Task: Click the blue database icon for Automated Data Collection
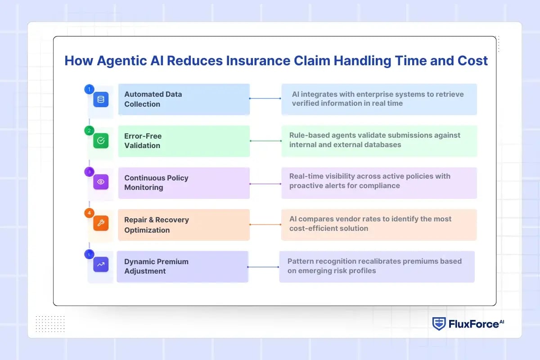pos(101,99)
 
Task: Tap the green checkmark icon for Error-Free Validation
pos(101,141)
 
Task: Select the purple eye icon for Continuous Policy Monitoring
pos(101,182)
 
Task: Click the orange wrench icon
pos(101,224)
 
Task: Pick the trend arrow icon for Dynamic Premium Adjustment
pos(101,265)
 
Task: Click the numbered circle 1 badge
pos(89,89)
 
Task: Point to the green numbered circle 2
pos(89,130)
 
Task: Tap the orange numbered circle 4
pos(89,213)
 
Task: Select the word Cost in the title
pos(472,61)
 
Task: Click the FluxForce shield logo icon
pos(439,324)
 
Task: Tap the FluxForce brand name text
pos(472,324)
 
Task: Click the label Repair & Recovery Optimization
pos(157,225)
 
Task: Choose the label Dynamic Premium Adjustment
pos(156,266)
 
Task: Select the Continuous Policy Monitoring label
pos(156,183)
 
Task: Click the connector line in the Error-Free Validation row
pos(265,141)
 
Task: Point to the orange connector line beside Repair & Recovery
pos(265,224)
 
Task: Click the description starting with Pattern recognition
pos(374,266)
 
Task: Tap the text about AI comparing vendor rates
pos(370,224)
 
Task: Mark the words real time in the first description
pos(387,103)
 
